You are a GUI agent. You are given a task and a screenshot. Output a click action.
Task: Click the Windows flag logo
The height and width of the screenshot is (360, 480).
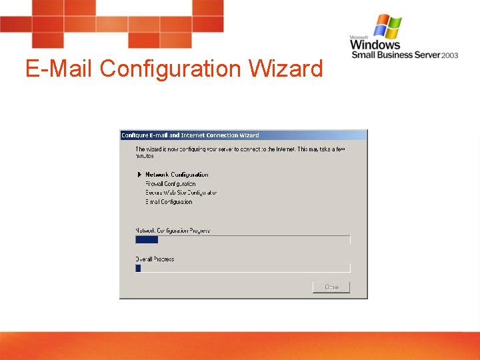point(388,27)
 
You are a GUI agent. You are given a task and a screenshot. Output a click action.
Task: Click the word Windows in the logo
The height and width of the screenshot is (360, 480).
point(375,45)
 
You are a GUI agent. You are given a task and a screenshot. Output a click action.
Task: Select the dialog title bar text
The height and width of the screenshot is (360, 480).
point(190,135)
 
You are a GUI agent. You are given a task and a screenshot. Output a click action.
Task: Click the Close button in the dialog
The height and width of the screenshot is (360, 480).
point(331,287)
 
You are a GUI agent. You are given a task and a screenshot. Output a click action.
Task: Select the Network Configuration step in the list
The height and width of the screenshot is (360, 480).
point(177,175)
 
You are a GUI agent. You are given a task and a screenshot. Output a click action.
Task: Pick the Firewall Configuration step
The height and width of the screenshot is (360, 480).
point(171,183)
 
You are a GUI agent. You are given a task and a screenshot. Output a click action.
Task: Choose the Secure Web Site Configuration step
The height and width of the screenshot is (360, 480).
point(181,193)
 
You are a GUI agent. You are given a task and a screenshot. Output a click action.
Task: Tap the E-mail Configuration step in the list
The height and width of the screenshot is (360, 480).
point(169,201)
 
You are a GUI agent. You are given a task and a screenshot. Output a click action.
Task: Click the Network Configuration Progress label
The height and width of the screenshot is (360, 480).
point(173,231)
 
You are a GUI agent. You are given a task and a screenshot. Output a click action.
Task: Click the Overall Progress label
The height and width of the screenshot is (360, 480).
point(155,259)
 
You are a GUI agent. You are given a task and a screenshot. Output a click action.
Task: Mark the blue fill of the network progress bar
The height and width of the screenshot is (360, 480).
point(147,239)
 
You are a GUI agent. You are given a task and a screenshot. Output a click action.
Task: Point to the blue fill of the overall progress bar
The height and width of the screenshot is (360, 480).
point(138,268)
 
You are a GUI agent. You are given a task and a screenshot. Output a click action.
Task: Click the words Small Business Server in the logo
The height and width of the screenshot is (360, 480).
point(396,55)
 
